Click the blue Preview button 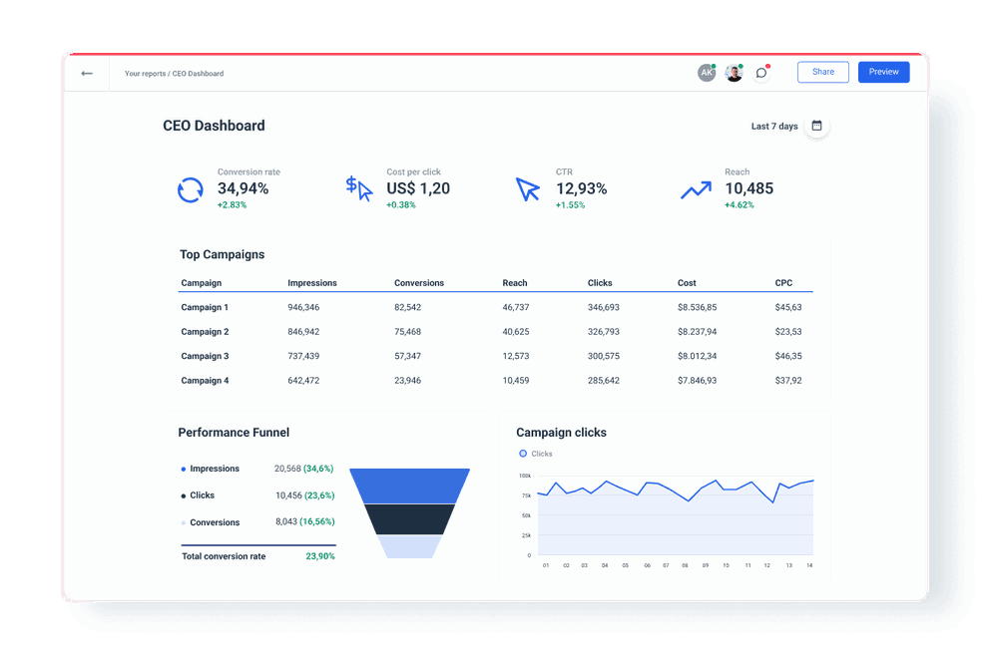click(883, 72)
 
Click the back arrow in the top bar click(87, 73)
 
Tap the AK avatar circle click(707, 73)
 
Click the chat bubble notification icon click(761, 73)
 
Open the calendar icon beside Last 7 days click(816, 126)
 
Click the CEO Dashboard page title click(214, 126)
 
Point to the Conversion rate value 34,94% click(244, 188)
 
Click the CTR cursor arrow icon click(527, 188)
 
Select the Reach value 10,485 click(748, 188)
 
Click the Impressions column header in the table click(312, 283)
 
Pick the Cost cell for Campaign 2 click(697, 332)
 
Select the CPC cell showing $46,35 click(787, 356)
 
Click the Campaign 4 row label click(205, 381)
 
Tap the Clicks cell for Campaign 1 click(603, 308)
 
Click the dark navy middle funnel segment click(409, 518)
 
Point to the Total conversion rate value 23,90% click(320, 556)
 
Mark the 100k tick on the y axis click(525, 476)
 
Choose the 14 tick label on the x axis click(809, 565)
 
